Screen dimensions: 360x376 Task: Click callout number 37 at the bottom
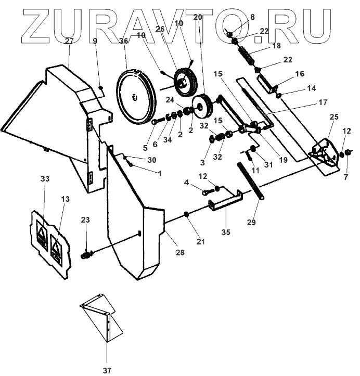pos(107,370)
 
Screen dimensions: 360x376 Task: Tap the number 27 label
pos(69,40)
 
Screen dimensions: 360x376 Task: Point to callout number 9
pos(95,40)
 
